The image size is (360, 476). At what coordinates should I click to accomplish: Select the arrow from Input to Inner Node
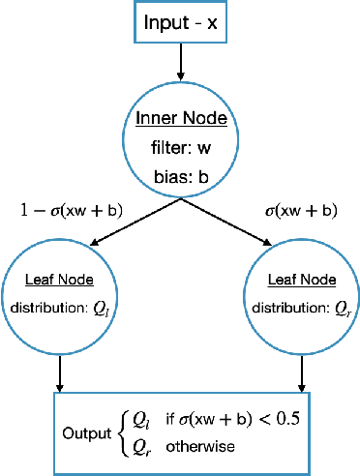click(x=181, y=62)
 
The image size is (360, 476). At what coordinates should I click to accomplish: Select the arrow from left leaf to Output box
click(x=61, y=372)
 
